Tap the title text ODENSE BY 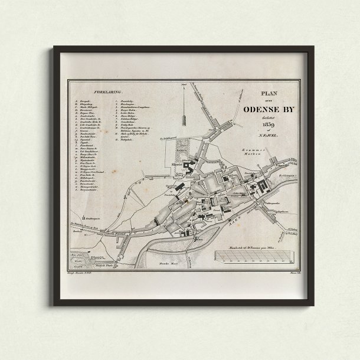pos(270,108)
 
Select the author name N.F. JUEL pos(271,135)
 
